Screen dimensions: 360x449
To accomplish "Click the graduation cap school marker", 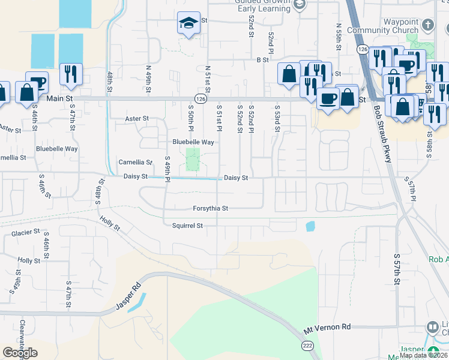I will pos(188,25).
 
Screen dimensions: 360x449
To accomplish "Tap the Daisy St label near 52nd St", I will pos(236,178).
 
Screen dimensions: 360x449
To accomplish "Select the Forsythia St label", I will pos(210,209).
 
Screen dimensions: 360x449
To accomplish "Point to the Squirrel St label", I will pos(187,226).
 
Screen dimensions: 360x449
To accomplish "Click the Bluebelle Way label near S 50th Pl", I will pos(193,142).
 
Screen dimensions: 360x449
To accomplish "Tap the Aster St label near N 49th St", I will pos(137,119).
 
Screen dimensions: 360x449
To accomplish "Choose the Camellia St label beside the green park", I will pos(135,162).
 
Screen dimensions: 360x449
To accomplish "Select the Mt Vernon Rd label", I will pos(327,328).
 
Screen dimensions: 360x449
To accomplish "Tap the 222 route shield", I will pos(307,346).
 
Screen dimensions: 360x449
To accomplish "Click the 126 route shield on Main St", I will pos(200,98).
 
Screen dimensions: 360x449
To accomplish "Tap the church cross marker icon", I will pos(427,25).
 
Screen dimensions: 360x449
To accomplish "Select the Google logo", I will pos(20,353).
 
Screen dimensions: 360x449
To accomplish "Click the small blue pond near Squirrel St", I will pos(310,226).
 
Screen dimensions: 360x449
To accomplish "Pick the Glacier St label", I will pos(25,232).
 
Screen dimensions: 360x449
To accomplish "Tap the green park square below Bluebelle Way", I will pos(192,159).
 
